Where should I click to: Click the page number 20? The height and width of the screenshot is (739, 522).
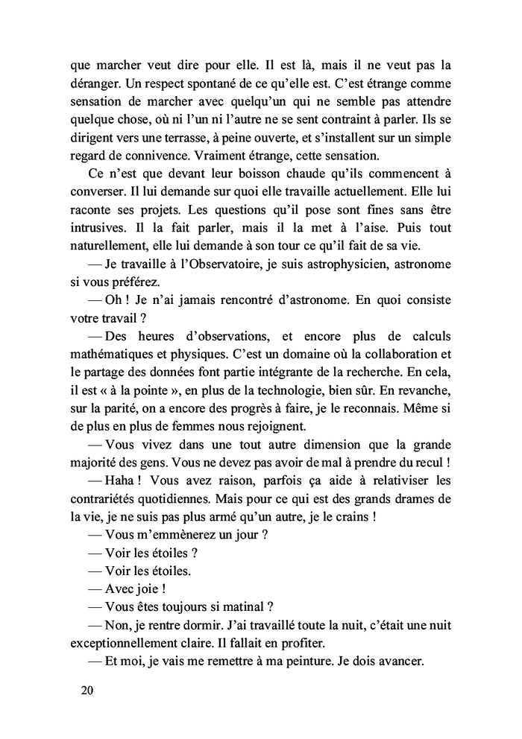coord(87,690)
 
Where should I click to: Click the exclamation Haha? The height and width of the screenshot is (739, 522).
coord(123,478)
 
